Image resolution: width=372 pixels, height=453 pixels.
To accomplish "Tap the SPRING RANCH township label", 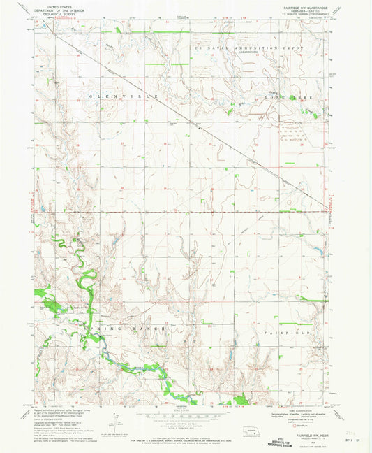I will [133, 328].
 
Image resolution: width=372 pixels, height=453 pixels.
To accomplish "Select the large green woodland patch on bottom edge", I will [241, 400].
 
